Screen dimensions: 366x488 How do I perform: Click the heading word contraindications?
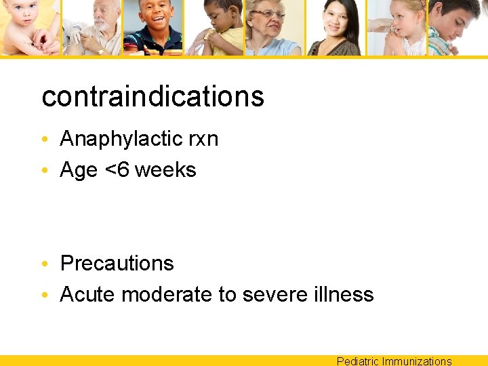[x=152, y=96]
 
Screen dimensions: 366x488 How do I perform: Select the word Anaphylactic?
[x=118, y=139]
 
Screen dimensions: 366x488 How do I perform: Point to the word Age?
[x=79, y=170]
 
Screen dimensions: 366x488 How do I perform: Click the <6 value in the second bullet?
[x=117, y=169]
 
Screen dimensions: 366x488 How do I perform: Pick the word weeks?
[x=165, y=169]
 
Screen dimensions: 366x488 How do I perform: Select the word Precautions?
[x=117, y=263]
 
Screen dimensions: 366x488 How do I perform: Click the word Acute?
[x=88, y=294]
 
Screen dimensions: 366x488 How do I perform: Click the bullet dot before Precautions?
[x=43, y=264]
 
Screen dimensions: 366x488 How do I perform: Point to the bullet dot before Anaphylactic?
[x=43, y=140]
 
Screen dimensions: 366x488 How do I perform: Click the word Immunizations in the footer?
[x=417, y=361]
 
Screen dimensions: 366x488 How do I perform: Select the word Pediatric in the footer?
[x=358, y=361]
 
